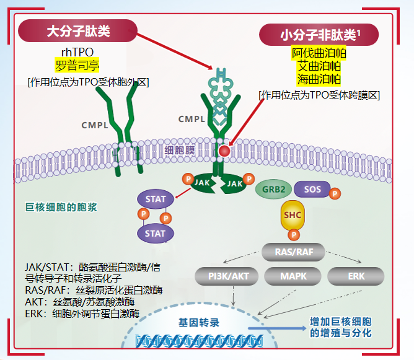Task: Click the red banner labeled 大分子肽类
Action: click(x=77, y=31)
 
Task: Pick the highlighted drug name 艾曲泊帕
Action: click(x=319, y=66)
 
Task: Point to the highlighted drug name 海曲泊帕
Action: click(x=319, y=79)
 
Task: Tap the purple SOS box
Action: click(x=312, y=188)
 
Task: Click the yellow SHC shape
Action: click(x=293, y=215)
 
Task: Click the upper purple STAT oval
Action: click(x=155, y=200)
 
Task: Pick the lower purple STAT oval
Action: click(x=155, y=233)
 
